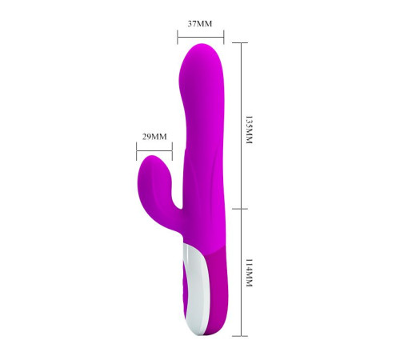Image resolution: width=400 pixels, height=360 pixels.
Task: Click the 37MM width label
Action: click(x=200, y=24)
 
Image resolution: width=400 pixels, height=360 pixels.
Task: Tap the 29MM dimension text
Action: click(x=154, y=137)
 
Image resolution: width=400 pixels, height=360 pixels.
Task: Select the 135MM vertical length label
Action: click(x=249, y=130)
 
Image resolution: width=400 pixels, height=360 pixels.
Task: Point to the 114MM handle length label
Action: click(x=249, y=273)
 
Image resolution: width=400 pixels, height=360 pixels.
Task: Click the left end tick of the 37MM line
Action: click(x=178, y=37)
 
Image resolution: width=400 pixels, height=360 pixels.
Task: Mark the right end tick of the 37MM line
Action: click(x=224, y=37)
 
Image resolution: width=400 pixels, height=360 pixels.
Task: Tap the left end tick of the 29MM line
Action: click(x=137, y=151)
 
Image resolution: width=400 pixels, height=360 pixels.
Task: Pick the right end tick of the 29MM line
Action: click(x=172, y=151)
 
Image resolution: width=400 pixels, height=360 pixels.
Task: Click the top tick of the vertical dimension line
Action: click(x=240, y=42)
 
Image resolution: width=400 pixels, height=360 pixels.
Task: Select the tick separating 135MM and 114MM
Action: click(x=240, y=209)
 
